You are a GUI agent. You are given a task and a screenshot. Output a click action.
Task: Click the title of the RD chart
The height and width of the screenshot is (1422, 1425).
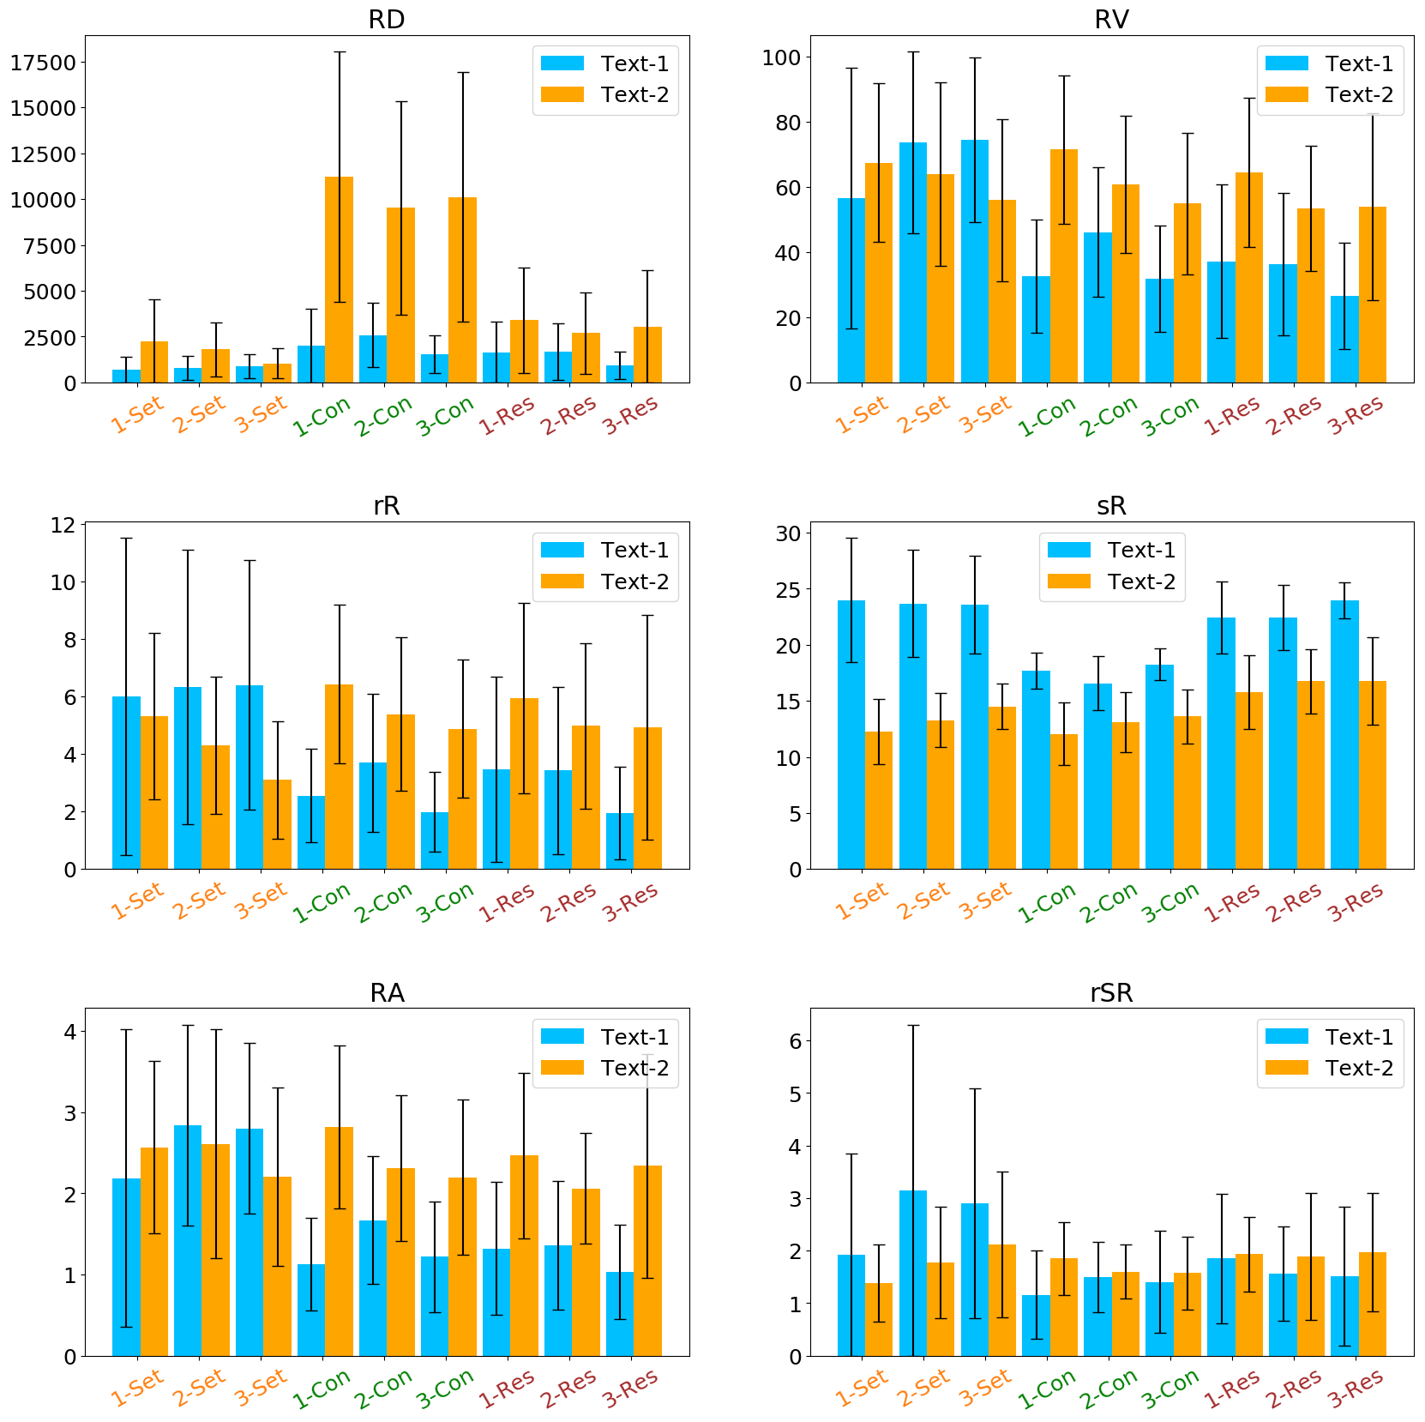coord(386,19)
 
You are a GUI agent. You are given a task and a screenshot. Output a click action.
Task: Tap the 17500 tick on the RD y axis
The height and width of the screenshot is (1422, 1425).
coord(43,63)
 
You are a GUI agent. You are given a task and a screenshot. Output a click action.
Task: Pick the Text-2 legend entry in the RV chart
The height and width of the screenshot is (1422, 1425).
coord(1329,94)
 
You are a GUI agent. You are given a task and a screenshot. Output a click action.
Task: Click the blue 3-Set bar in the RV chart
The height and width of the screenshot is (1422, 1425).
coord(974,261)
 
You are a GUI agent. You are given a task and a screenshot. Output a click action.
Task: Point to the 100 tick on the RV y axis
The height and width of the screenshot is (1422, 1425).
coord(781,57)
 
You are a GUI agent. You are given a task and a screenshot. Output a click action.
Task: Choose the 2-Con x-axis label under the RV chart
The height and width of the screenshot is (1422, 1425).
coord(1109,416)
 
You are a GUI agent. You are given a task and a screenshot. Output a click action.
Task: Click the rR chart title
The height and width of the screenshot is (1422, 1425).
coord(386,505)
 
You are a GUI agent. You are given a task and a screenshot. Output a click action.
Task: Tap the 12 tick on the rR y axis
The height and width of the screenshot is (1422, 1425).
coord(63,525)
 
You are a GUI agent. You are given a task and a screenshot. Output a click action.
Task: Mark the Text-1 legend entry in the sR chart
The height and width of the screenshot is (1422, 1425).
coord(1111,550)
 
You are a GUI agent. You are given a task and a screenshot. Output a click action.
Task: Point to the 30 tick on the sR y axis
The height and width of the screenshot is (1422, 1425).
coord(788,533)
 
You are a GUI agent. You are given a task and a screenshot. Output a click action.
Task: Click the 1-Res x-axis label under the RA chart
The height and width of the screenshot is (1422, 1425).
coord(507,1389)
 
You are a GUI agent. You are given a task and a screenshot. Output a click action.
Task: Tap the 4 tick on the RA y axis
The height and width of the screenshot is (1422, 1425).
coord(69,1032)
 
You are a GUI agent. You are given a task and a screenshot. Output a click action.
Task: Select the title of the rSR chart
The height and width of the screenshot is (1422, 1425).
coord(1111,992)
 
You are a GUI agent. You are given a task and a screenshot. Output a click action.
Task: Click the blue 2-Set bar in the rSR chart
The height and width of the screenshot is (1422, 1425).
coord(912,1273)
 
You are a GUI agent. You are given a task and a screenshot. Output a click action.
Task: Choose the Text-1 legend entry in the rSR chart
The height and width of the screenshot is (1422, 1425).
coord(1329,1037)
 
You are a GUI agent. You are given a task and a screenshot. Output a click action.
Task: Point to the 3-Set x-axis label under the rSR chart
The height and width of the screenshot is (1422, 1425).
coord(984,1389)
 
